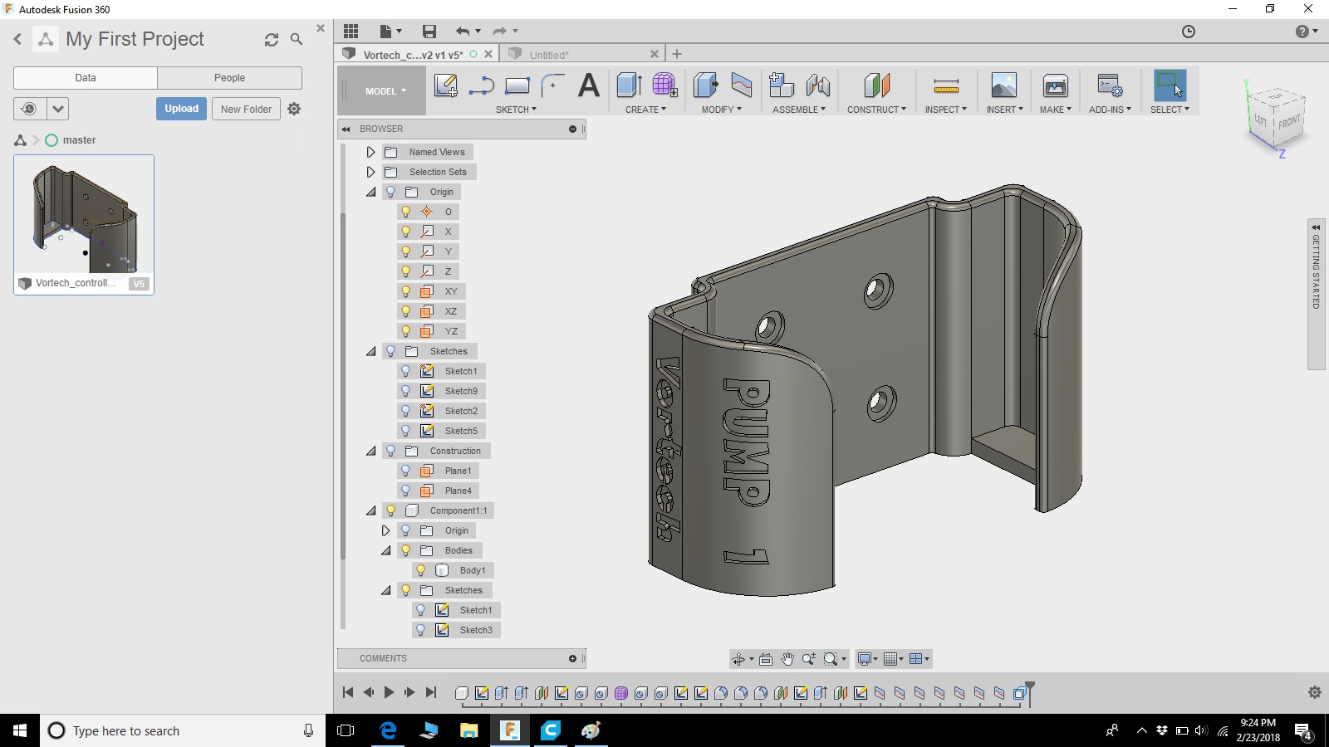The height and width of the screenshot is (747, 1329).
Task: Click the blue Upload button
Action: (181, 109)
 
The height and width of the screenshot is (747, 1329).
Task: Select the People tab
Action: (229, 78)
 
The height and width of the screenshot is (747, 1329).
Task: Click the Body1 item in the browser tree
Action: (473, 570)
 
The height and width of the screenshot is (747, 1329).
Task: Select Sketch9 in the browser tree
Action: (461, 391)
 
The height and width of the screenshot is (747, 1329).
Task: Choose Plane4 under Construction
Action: (458, 491)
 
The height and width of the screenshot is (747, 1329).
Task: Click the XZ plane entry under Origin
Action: (451, 311)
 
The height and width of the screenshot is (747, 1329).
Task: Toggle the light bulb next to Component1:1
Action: (391, 510)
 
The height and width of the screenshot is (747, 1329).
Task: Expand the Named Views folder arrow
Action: (370, 153)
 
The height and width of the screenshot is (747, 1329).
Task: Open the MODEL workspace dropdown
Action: (385, 91)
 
